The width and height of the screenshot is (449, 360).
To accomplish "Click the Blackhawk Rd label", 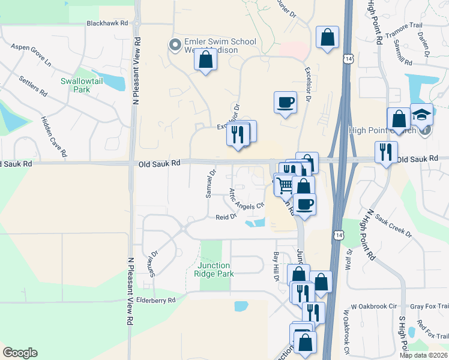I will pos(107,23).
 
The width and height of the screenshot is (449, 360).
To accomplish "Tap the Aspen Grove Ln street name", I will pos(31,55).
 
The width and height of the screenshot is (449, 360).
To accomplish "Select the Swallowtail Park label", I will pos(83,85).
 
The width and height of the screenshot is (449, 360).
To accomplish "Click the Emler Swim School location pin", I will pos(175,45).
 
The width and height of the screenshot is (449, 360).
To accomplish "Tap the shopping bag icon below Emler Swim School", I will pos(205,60).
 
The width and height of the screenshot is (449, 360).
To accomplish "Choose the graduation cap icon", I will pos(421,114).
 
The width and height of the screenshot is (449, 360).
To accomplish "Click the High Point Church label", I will pos(378,130).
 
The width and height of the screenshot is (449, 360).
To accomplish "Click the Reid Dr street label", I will pos(226,217).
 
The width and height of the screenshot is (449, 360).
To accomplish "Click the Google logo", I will pos(20,353).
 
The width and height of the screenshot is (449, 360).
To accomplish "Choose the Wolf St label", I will pos(349,259).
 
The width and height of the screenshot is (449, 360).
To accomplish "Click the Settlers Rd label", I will pos(33,87).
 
